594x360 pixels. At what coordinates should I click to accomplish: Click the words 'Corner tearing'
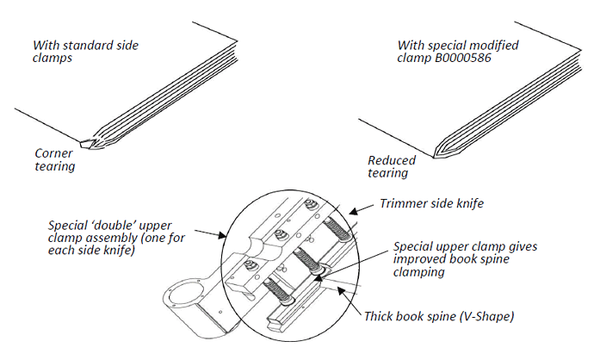(x=54, y=159)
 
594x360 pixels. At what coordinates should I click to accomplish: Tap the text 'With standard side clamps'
(x=85, y=51)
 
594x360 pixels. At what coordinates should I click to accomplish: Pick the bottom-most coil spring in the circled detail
(x=282, y=286)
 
